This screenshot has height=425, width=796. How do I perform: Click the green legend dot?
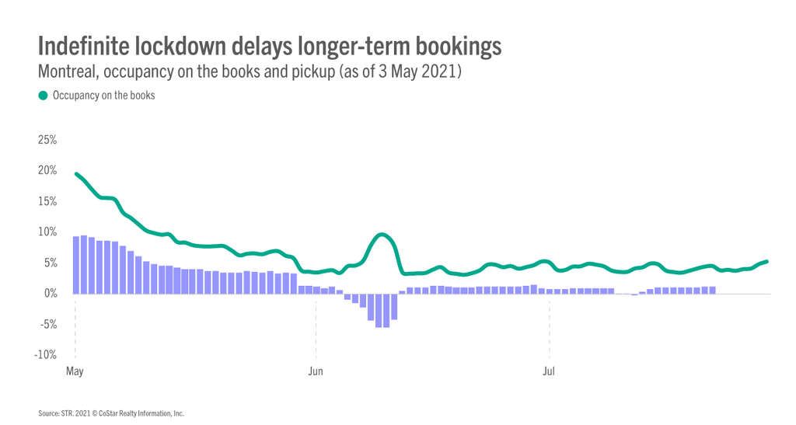tap(43, 96)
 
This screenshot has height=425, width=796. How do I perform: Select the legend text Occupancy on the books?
tap(104, 96)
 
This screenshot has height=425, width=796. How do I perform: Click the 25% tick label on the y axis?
tap(47, 141)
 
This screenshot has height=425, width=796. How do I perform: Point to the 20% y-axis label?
tap(47, 171)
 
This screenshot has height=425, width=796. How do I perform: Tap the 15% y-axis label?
tap(47, 201)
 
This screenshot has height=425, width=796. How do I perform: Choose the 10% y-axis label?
tap(47, 232)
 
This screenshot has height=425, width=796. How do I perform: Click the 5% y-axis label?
tap(50, 263)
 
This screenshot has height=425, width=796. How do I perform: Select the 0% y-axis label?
tap(50, 294)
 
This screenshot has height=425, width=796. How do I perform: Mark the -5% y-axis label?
tap(48, 324)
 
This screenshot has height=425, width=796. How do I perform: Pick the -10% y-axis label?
tap(46, 355)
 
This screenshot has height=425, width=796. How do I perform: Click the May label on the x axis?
tap(75, 371)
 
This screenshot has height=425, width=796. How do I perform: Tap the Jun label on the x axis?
tap(316, 371)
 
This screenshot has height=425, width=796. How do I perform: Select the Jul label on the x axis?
tap(549, 371)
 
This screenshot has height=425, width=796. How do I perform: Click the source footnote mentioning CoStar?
tap(111, 413)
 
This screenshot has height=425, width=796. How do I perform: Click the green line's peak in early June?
tap(381, 235)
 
